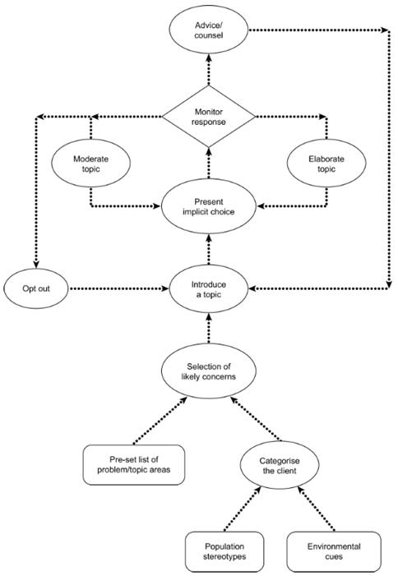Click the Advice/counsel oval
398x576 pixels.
(208, 30)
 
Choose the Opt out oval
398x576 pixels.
(35, 289)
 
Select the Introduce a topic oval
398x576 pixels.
(208, 289)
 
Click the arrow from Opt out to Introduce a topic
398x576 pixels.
(115, 289)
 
